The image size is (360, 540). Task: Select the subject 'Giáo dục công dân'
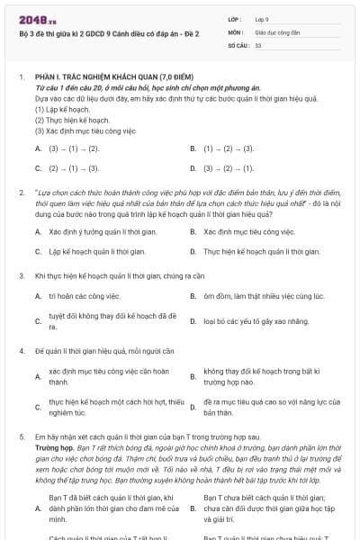point(276,31)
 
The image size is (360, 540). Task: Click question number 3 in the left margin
point(22,274)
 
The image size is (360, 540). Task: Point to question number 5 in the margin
point(22,435)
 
